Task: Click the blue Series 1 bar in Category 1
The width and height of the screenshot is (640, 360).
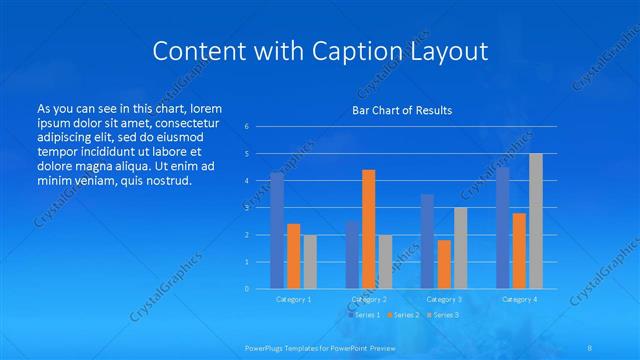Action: pos(277,231)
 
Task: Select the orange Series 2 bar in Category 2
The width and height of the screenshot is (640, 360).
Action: pos(368,229)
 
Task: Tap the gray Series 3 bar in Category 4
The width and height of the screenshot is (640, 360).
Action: pos(535,221)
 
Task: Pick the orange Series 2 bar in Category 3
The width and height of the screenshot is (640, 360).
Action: pos(444,264)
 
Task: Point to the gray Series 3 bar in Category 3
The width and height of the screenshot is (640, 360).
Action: pos(460,248)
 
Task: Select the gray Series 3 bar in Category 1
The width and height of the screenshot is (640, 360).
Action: pos(310,262)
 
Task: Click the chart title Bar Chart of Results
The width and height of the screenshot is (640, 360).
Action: pos(402,110)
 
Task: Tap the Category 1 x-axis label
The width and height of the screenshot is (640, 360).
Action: pos(294,299)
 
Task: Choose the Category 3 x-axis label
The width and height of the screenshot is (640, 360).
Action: pos(444,299)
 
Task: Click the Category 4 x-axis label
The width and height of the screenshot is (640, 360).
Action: pos(519,299)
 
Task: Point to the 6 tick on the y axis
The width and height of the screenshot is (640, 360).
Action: pos(246,127)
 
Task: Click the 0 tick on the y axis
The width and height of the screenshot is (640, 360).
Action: pos(246,289)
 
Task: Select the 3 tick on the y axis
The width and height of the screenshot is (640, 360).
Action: pos(246,208)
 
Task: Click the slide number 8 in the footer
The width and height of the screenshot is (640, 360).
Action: pos(590,347)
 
